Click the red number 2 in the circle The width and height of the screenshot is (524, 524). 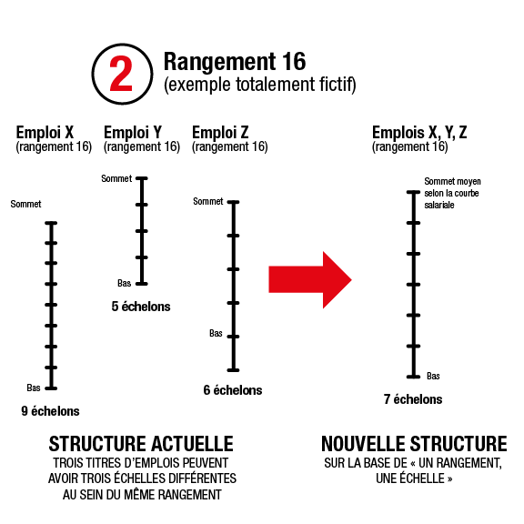click(121, 74)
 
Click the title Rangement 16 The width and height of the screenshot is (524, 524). click(235, 62)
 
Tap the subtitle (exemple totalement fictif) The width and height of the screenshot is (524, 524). click(259, 85)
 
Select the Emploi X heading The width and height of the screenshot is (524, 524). click(45, 132)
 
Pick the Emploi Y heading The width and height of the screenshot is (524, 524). click(133, 132)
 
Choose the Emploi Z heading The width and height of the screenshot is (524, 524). click(220, 132)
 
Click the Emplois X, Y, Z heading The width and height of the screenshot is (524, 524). click(419, 132)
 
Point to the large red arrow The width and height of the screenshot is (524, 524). click(310, 280)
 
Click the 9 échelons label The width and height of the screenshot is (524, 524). click(50, 411)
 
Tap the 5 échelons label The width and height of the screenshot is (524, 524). click(141, 307)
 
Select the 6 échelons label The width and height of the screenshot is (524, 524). click(233, 390)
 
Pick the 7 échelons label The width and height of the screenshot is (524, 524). click(413, 399)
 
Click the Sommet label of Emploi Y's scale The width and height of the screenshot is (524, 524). click(116, 178)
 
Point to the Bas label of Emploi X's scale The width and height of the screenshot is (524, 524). click(34, 388)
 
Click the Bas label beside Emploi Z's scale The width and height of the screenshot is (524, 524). click(216, 333)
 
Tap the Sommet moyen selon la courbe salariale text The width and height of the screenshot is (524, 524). click(452, 193)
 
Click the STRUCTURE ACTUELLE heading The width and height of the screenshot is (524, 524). click(141, 444)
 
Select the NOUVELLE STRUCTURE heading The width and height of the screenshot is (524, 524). click(414, 444)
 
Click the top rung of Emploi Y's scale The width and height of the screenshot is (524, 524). click(142, 178)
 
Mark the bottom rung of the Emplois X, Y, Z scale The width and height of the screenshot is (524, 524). click(413, 377)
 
